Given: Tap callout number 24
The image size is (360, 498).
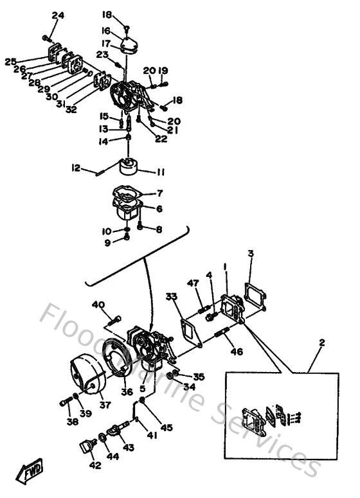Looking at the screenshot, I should [59, 15].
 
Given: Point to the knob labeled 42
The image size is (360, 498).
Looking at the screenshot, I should [85, 446].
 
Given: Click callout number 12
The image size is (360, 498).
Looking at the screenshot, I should [76, 168].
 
